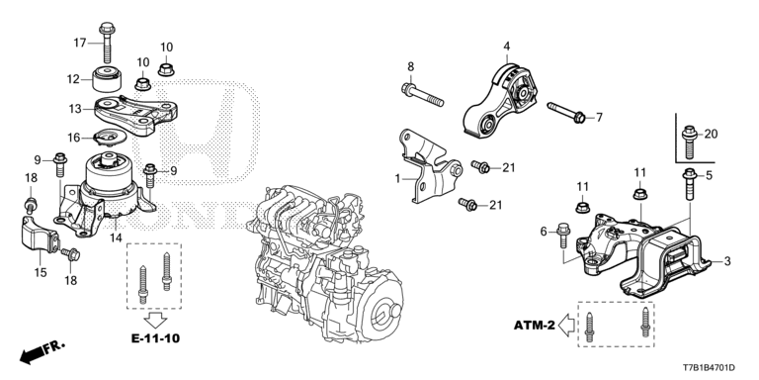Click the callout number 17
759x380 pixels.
pos(80,42)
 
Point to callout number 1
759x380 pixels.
pos(397,179)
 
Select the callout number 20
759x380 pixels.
pos(711,134)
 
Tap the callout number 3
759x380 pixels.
pos(727,261)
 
